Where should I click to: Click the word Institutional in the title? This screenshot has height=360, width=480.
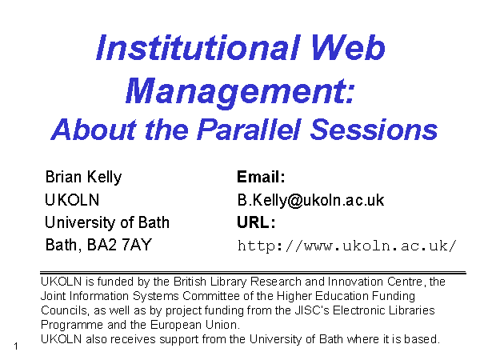tap(198, 47)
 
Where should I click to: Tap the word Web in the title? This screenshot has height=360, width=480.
tap(348, 47)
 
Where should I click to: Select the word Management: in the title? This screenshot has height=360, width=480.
tap(240, 91)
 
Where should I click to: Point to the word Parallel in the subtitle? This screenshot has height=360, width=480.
tap(249, 129)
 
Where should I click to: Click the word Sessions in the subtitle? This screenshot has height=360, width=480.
tap(374, 130)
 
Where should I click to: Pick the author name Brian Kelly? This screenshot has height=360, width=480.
tap(83, 178)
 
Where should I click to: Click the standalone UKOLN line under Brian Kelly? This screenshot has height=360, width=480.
tap(72, 200)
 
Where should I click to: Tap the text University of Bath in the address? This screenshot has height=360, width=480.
tap(107, 222)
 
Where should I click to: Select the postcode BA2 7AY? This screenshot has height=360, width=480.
tap(119, 245)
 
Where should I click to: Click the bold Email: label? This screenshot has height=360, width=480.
tap(261, 177)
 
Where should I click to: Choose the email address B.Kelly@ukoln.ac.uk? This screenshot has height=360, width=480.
tap(310, 200)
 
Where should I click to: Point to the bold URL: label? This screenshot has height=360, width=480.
tap(256, 222)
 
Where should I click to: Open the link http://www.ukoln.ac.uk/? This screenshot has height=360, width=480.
tap(347, 246)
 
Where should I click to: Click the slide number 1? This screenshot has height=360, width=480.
tap(16, 346)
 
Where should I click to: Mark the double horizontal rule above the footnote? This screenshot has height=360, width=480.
tap(253, 272)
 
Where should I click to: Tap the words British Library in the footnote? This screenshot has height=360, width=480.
tap(210, 282)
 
